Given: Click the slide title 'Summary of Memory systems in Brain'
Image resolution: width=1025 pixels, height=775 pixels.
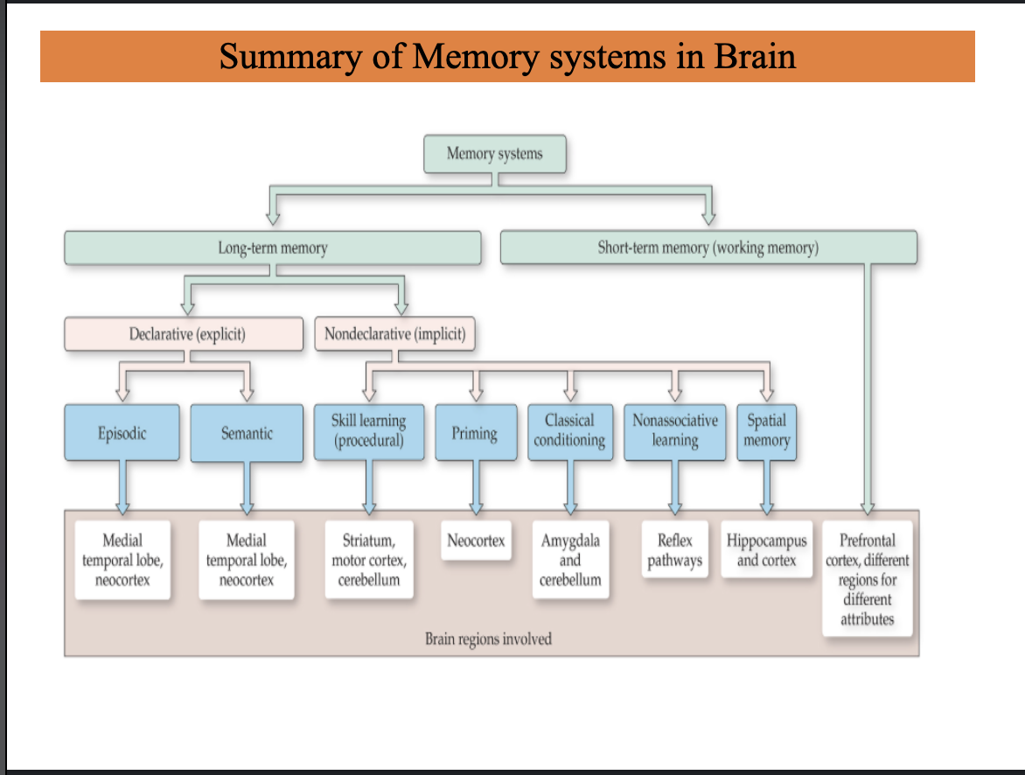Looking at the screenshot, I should click(x=507, y=57).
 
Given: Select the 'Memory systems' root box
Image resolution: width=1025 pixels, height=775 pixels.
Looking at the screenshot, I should click(x=494, y=155).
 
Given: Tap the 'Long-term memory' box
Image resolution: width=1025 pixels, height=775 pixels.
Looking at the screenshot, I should click(x=272, y=248).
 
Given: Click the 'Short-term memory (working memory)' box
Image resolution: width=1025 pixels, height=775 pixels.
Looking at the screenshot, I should click(x=708, y=248).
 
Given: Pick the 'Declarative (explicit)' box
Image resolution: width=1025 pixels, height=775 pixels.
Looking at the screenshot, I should click(x=184, y=333).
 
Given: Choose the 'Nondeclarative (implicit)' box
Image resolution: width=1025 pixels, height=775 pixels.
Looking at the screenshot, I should click(x=394, y=333).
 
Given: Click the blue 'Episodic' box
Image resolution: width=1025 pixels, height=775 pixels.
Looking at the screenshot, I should click(x=122, y=433).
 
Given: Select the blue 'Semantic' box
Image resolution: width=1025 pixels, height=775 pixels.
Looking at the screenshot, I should click(x=247, y=433).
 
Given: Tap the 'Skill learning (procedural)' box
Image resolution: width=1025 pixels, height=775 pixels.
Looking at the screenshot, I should click(x=368, y=432).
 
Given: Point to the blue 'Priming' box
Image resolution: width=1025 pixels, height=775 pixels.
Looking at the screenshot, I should click(x=475, y=433).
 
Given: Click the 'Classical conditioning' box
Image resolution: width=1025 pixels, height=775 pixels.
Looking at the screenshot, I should click(x=569, y=432).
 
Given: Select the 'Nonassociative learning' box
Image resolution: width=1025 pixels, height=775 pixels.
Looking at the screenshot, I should click(x=674, y=432).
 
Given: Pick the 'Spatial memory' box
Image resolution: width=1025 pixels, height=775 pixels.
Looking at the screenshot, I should click(x=766, y=432).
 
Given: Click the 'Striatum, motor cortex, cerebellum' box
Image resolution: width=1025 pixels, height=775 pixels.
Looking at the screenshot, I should click(x=368, y=560).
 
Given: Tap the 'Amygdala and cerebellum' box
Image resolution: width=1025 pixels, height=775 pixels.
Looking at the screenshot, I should click(x=569, y=560).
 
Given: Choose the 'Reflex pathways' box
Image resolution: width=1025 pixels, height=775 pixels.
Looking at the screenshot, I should click(x=674, y=550).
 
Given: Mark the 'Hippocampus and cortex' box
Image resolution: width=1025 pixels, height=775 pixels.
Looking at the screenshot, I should click(x=766, y=550).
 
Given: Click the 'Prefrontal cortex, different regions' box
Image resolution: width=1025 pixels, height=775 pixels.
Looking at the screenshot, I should click(x=867, y=578).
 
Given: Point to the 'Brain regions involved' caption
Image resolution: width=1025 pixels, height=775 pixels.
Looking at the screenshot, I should click(x=488, y=639).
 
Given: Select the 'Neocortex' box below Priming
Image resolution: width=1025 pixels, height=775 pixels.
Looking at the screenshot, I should click(x=476, y=541).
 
